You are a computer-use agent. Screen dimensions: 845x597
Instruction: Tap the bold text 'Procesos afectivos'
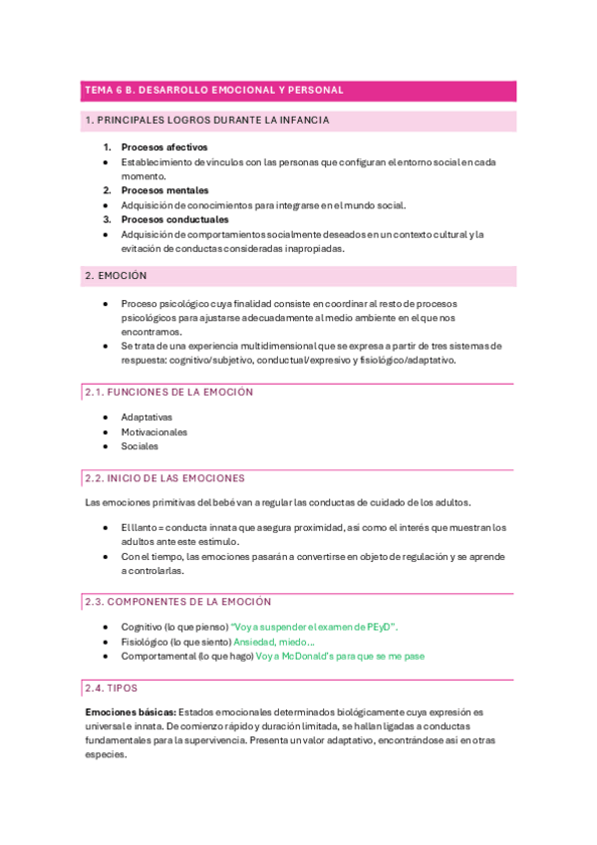pos(164,147)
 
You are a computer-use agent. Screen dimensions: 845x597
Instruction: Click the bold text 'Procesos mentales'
pos(164,190)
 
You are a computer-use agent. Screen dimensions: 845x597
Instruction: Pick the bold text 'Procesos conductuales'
pos(174,219)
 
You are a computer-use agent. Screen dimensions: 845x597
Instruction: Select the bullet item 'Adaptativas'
pos(147,418)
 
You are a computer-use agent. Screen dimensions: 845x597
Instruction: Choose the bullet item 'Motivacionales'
pos(153,432)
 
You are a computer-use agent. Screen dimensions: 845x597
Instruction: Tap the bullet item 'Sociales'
pos(140,446)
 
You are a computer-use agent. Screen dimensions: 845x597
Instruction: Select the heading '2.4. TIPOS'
pos(112,689)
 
